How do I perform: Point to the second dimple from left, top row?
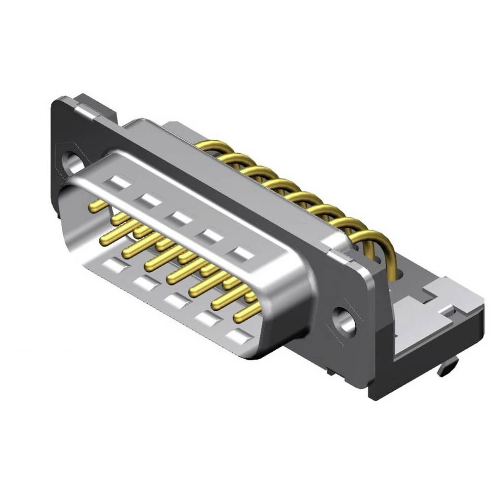click(149, 200)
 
